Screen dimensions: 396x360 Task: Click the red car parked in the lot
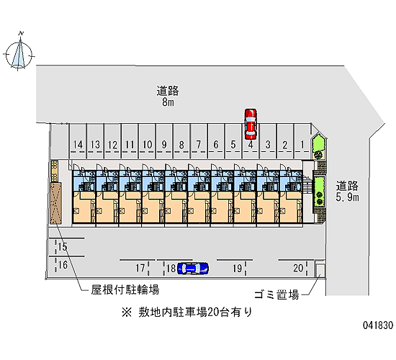(x=251, y=124)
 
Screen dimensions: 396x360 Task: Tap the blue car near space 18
(x=193, y=269)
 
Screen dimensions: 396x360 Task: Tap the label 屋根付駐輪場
(x=125, y=289)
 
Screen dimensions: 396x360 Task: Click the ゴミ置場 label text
(x=276, y=294)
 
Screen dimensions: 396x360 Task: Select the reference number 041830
(x=378, y=325)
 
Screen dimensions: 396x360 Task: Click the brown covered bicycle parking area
(x=55, y=203)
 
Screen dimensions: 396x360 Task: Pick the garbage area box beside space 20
(x=320, y=269)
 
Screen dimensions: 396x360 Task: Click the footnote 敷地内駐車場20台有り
(x=187, y=312)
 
